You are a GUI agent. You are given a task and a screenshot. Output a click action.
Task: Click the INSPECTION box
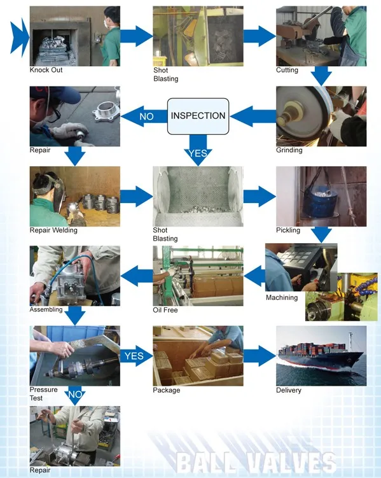(198, 116)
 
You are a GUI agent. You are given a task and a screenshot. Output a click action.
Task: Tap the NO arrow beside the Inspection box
(144, 116)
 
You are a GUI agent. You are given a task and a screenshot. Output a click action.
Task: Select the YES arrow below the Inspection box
(198, 150)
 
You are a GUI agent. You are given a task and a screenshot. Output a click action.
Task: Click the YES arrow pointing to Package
(136, 356)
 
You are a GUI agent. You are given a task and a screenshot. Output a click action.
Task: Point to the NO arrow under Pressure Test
(75, 395)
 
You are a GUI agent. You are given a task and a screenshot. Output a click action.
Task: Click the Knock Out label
(46, 70)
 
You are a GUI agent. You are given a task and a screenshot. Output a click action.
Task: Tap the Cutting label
(287, 70)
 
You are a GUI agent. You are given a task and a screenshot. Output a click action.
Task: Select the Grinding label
(289, 150)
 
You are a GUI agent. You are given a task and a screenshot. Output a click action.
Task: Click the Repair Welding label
(53, 230)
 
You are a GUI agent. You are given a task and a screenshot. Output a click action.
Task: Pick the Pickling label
(287, 230)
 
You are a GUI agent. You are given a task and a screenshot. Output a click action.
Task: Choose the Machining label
(282, 297)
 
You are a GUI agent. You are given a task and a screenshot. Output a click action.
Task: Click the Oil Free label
(165, 310)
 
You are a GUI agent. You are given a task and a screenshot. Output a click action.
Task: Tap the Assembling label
(46, 310)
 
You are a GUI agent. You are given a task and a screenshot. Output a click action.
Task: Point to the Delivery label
(288, 390)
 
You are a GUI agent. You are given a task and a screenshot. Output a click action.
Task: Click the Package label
(166, 390)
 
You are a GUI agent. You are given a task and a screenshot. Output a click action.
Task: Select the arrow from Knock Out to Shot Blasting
(136, 36)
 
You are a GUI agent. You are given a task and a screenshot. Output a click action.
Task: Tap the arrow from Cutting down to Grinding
(321, 76)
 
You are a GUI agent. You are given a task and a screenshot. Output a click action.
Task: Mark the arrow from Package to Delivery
(260, 356)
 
